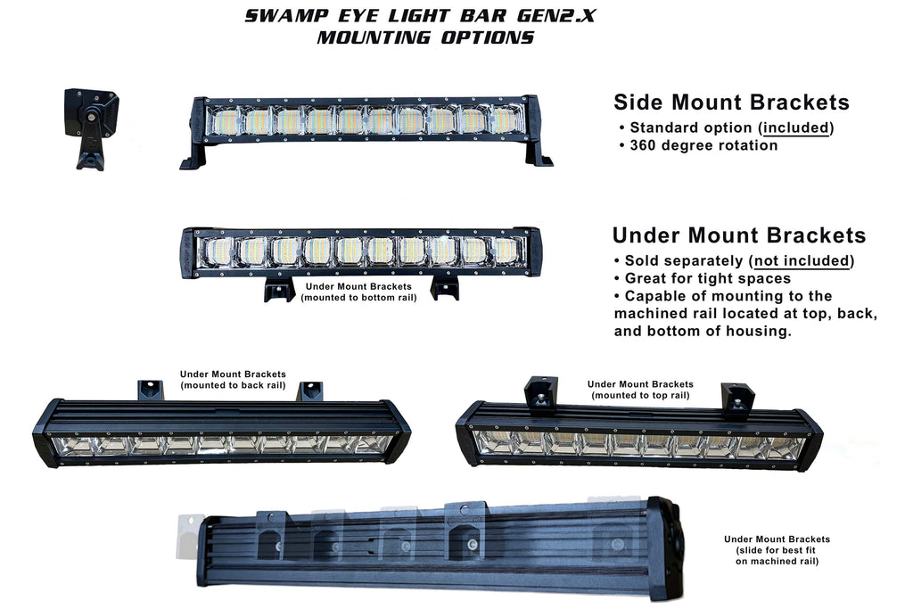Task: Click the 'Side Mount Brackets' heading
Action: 731,103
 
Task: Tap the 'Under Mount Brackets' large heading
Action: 739,235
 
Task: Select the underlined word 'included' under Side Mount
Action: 796,128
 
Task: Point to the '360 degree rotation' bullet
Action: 703,145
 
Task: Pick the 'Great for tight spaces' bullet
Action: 702,278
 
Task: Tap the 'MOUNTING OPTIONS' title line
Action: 425,37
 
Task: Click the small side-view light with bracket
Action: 92,127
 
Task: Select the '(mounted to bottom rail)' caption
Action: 358,297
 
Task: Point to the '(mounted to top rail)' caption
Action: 640,395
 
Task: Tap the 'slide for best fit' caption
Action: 777,550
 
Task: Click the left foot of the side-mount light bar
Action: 194,157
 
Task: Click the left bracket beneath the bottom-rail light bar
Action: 279,289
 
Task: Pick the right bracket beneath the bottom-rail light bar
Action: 444,287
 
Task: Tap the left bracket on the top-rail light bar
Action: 541,393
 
